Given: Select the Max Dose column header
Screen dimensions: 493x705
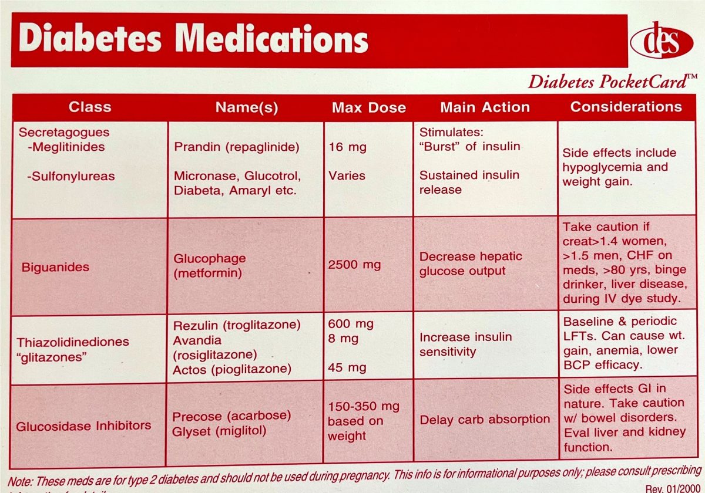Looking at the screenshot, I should click(x=368, y=107).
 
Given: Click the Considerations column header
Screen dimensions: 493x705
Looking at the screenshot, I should click(x=626, y=107).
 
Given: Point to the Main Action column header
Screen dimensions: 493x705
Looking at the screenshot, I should click(x=485, y=107).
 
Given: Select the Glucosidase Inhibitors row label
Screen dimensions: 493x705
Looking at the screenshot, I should click(x=83, y=426).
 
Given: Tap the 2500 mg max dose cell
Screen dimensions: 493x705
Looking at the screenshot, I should click(x=354, y=265).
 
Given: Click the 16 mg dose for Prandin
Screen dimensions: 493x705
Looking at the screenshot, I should click(x=347, y=147).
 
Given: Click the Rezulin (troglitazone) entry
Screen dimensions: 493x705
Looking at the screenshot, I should click(x=237, y=325).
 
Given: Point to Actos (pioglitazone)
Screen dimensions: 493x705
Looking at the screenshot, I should click(x=231, y=369).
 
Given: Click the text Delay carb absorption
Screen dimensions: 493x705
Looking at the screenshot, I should click(x=485, y=419).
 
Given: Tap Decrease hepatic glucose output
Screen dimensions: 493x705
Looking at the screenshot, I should click(x=470, y=264).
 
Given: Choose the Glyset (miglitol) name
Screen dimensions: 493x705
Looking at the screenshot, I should click(x=220, y=431).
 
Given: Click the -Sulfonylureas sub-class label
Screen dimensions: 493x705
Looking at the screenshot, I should click(x=70, y=175).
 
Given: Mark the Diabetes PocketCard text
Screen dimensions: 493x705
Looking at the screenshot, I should click(x=607, y=82).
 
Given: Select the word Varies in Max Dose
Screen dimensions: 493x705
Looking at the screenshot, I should click(x=346, y=175).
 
